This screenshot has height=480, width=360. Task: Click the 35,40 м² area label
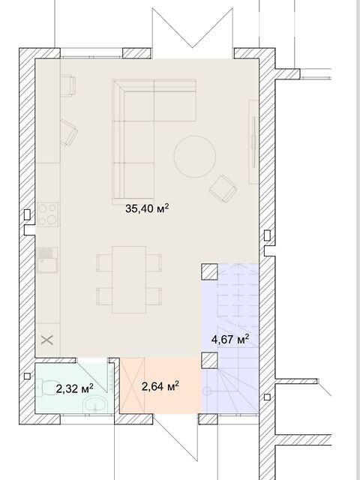point(147,208)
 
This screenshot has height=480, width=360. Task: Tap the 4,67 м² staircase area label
point(230,339)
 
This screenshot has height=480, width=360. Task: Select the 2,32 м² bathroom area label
point(75,388)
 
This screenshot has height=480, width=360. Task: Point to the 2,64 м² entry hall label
point(160,386)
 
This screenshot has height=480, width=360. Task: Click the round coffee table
point(195,157)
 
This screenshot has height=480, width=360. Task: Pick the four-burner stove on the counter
point(48,214)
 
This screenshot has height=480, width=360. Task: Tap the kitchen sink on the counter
point(47,260)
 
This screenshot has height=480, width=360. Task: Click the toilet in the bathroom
point(45,387)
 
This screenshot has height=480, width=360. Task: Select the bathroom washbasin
point(95,404)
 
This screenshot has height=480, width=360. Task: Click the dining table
point(129,280)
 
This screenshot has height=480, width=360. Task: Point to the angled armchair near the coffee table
point(223,188)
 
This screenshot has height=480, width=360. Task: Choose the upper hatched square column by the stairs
point(210,271)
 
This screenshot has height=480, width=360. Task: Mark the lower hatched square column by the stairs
point(210,360)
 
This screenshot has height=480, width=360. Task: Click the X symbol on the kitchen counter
point(47,340)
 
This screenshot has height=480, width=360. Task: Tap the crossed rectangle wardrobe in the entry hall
point(133,385)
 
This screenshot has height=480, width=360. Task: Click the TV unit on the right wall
point(253,142)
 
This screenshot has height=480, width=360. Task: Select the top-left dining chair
point(104,262)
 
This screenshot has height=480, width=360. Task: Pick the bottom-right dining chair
point(154,296)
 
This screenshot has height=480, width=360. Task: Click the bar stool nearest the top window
point(68,85)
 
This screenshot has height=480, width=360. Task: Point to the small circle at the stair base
point(207,391)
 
